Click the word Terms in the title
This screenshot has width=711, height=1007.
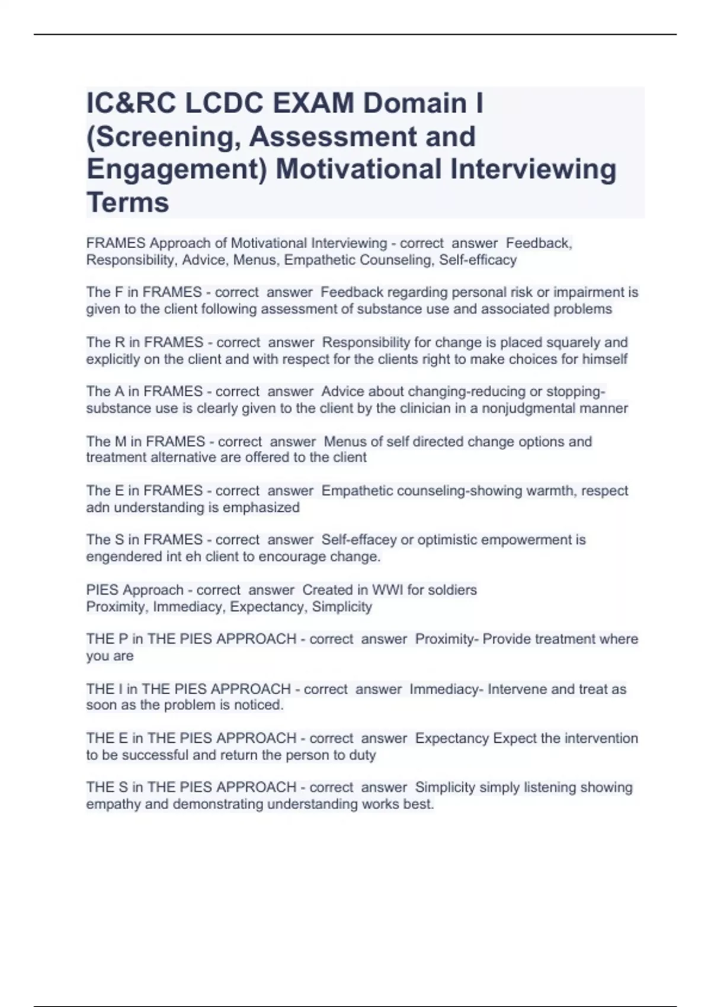pos(128,203)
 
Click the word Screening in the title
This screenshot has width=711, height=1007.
pos(163,137)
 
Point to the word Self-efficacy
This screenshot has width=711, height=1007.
pos(478,260)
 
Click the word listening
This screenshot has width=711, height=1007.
pos(548,788)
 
